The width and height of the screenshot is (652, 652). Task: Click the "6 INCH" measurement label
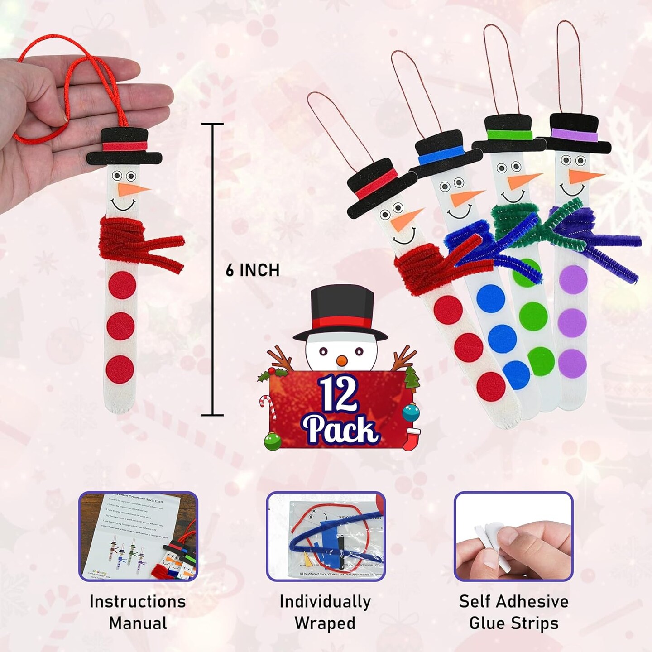(252, 270)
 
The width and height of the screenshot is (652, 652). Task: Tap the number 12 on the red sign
(337, 394)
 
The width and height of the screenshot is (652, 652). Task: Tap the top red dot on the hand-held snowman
(122, 286)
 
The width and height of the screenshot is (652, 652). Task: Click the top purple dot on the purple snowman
(573, 279)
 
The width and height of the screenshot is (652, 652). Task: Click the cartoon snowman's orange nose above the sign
(342, 360)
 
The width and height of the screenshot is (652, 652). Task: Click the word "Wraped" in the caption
(325, 623)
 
